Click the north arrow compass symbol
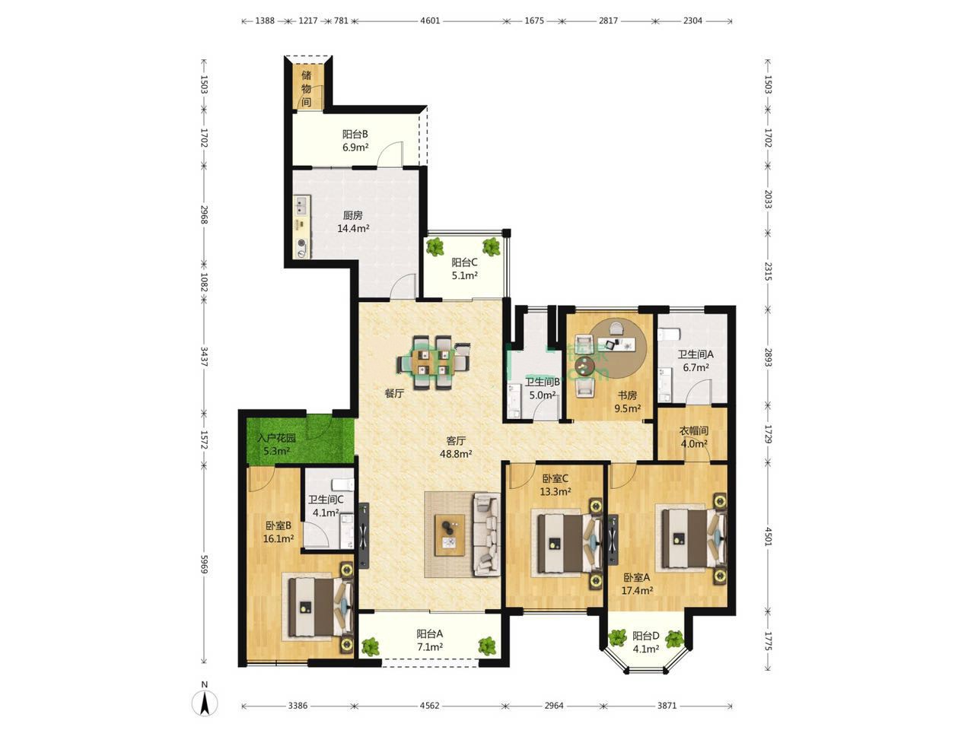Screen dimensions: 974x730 click(204, 702)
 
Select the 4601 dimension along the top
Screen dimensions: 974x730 click(429, 21)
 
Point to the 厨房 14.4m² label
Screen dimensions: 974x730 click(353, 221)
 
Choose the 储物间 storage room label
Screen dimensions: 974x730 click(306, 89)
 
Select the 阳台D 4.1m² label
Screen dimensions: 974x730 click(645, 643)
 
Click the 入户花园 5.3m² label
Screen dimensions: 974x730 click(276, 445)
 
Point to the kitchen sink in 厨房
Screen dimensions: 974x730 click(302, 205)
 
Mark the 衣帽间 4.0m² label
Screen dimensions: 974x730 click(693, 436)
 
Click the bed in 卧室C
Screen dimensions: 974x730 click(568, 542)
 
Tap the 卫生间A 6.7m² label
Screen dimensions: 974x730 click(695, 360)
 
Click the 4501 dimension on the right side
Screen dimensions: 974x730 click(768, 536)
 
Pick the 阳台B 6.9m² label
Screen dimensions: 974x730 click(355, 141)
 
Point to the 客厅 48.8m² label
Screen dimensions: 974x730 click(455, 447)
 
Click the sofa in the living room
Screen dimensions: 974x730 click(487, 535)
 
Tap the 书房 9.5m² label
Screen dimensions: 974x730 click(627, 401)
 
